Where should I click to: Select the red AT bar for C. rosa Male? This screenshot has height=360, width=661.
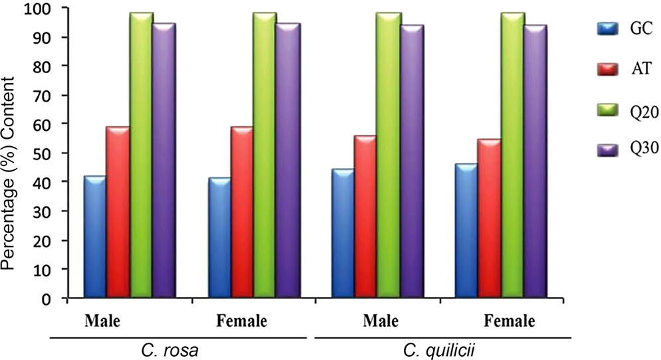(118, 213)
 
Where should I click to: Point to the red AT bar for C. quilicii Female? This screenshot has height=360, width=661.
(489, 219)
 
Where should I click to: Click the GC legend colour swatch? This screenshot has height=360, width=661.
(607, 29)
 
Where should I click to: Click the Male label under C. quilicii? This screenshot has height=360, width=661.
(379, 321)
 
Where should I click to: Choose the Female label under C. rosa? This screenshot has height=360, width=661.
(242, 321)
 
